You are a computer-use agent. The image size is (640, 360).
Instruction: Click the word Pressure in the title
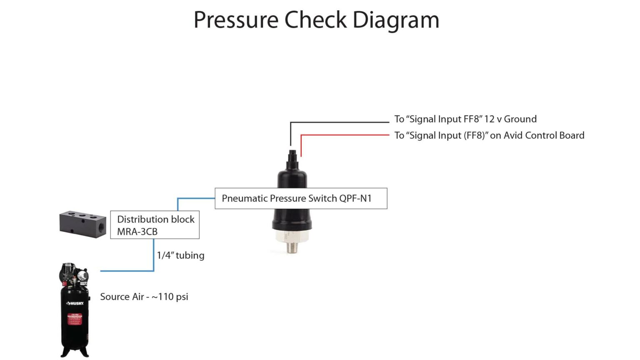point(236,20)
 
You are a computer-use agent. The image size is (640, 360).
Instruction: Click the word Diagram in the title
point(395,20)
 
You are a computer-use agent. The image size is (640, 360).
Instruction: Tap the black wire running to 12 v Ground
point(340,122)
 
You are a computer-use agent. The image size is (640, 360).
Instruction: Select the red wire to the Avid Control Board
point(346,135)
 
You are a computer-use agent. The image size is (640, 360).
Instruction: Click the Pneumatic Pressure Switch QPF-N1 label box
point(300,198)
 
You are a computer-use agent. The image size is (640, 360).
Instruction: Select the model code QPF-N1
point(355,198)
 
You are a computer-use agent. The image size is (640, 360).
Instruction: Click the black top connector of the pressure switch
point(292,159)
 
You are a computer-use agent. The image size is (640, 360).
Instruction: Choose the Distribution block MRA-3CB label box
point(155,225)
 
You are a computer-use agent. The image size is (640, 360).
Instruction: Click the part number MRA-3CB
point(137,232)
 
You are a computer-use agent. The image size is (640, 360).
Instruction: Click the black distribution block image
point(82,224)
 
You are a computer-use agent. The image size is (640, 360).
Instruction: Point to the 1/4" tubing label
point(180,255)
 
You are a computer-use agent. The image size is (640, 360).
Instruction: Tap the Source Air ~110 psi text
point(144,297)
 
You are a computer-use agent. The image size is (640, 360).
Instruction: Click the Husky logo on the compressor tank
point(75,303)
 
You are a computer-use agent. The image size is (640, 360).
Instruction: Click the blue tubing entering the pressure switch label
point(196,198)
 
